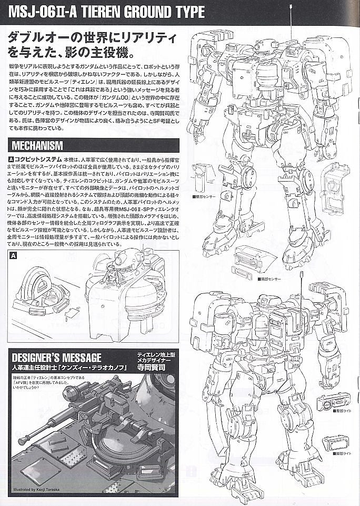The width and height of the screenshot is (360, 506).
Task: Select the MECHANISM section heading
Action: (36, 145)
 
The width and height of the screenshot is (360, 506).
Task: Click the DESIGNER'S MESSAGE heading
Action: (53, 358)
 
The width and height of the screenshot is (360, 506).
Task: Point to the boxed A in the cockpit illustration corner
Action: (14, 255)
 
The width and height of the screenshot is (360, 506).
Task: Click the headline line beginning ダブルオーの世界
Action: (92, 38)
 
